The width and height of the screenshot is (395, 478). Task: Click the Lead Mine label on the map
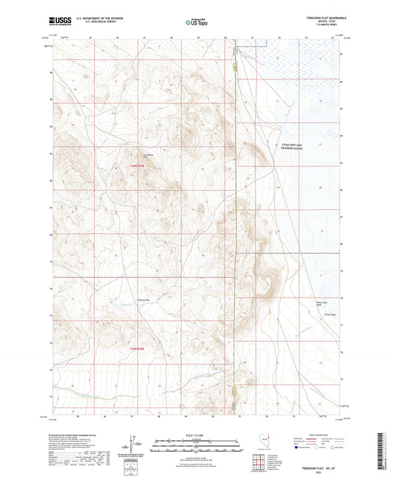click(x=147, y=154)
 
